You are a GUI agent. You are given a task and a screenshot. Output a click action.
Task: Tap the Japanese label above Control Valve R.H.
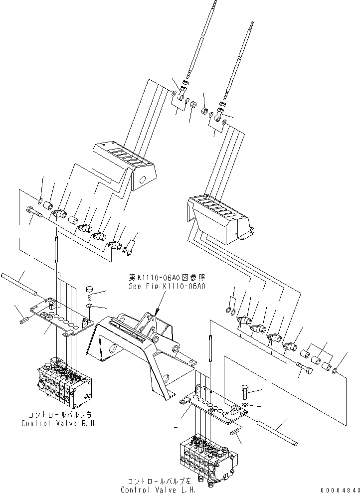[58, 415]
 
